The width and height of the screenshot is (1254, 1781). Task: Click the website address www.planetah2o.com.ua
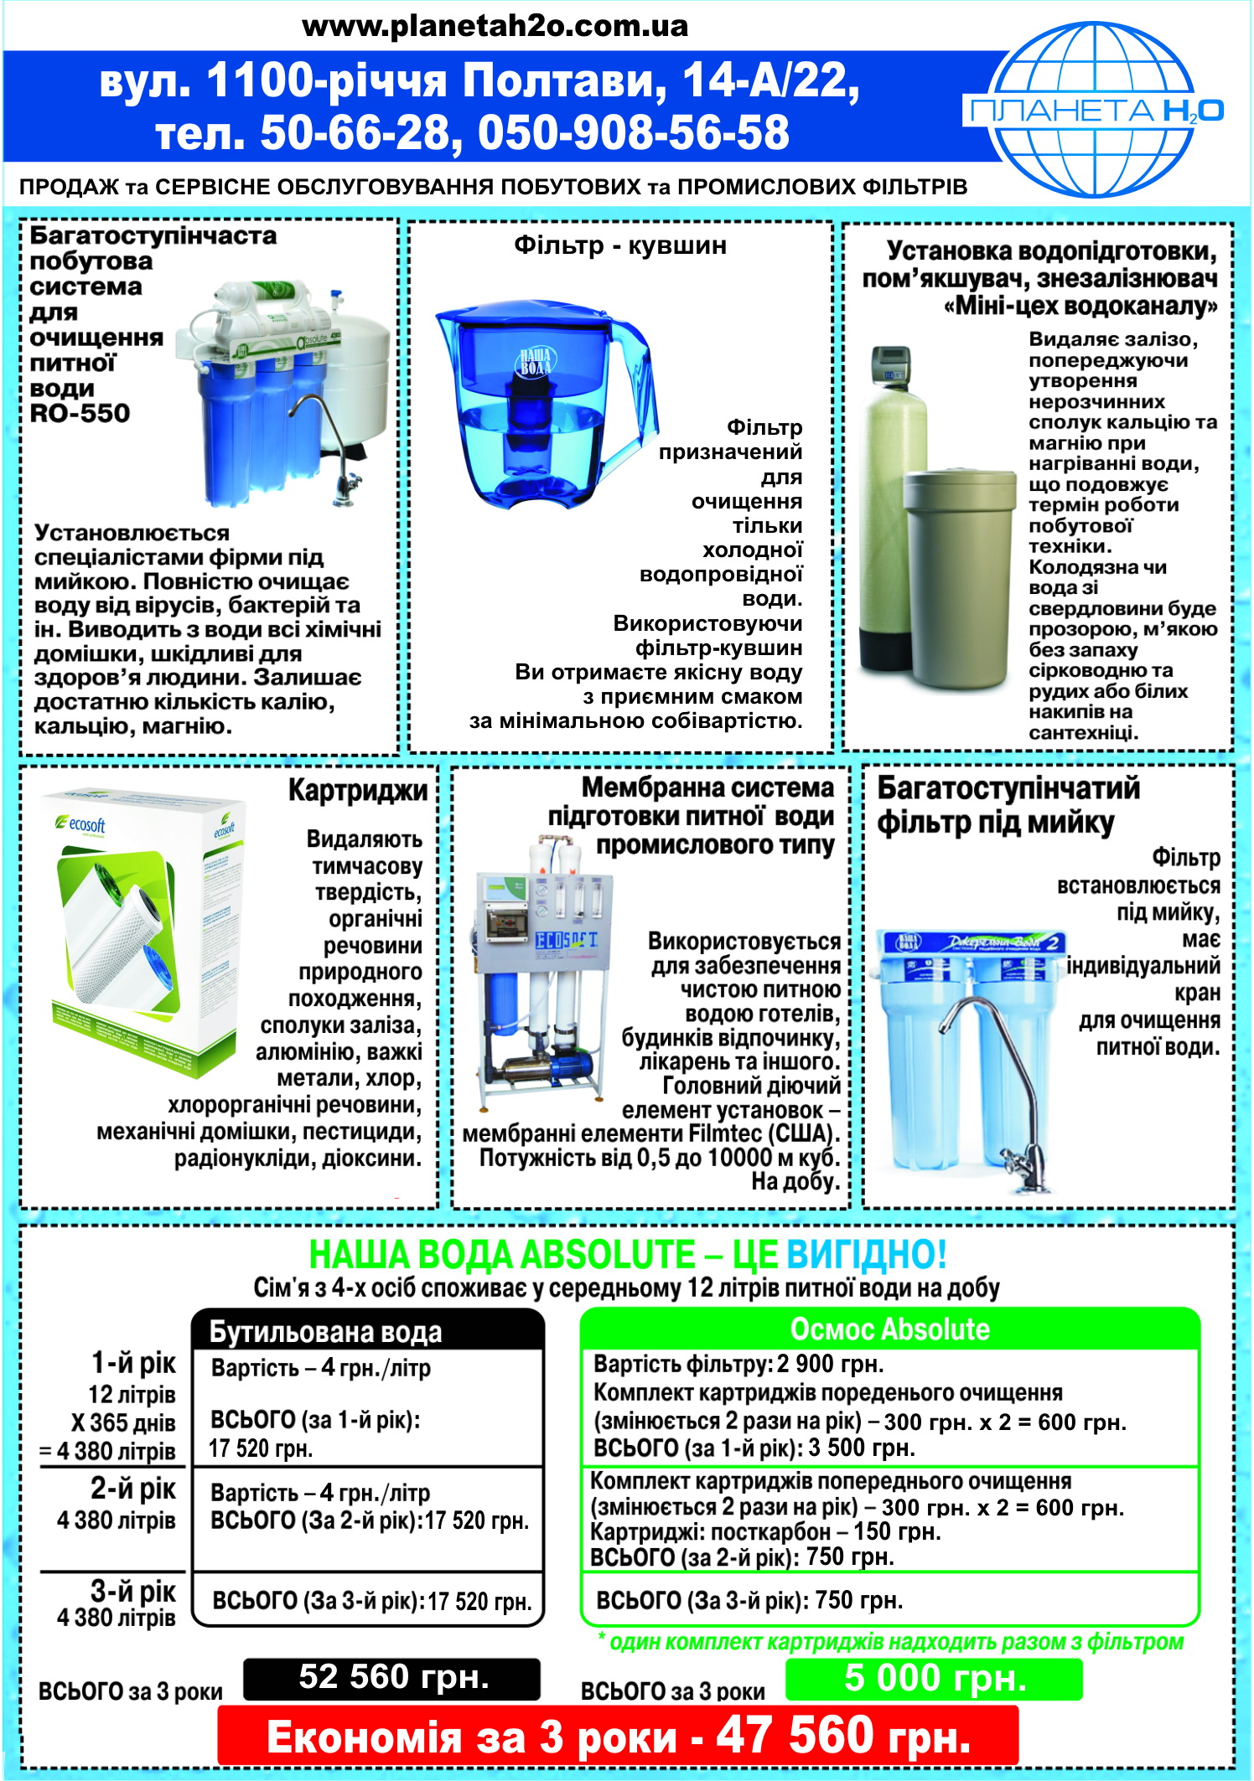coord(495,26)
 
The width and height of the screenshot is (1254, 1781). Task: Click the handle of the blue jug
coord(633,394)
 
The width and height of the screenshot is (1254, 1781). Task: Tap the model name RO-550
coord(80,413)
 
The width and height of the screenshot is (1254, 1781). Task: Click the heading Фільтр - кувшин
coord(620,245)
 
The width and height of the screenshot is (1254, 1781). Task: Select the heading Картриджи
coord(358,790)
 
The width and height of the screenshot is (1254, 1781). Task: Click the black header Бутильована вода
coord(368,1331)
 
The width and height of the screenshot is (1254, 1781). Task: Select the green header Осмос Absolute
coord(889,1329)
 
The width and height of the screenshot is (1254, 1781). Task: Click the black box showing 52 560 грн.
coord(391,1678)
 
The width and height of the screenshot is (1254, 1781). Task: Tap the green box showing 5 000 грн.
coord(934,1678)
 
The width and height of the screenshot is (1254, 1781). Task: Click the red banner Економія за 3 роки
coord(618,1736)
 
